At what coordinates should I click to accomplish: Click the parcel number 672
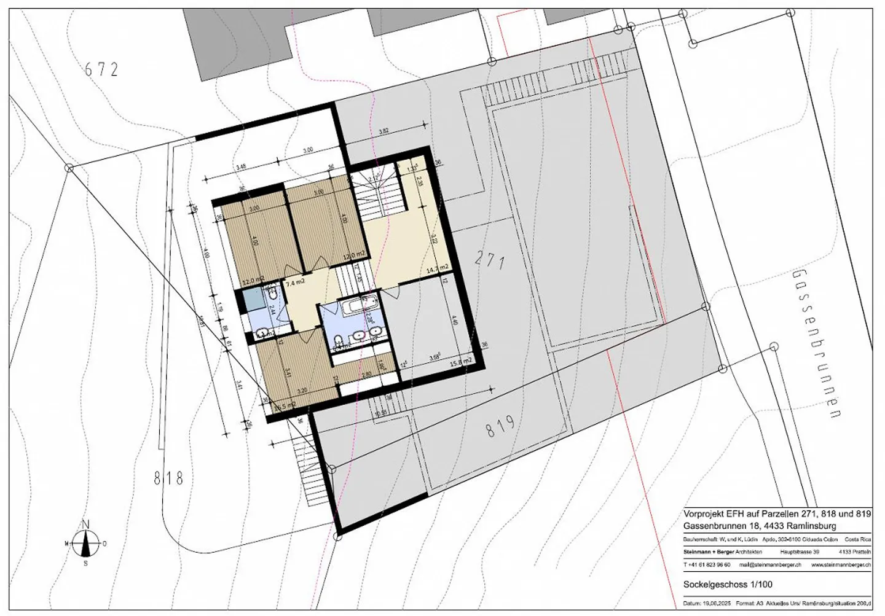[x=101, y=69]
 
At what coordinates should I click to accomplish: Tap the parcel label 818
[x=168, y=477]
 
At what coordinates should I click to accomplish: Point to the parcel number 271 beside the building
[x=490, y=261]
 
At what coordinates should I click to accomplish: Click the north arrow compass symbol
[x=87, y=543]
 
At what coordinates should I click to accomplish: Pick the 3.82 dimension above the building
[x=384, y=131]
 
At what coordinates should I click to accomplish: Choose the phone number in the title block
[x=707, y=564]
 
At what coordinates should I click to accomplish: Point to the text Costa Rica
[x=858, y=539]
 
